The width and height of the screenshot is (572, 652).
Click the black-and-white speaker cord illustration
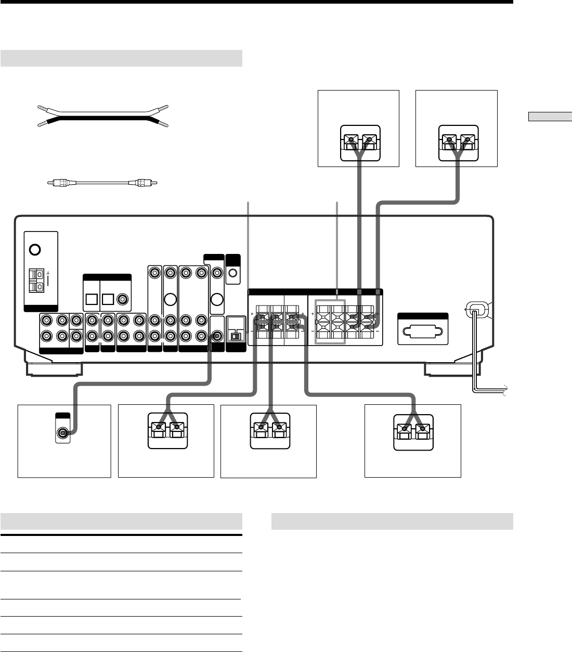(x=103, y=117)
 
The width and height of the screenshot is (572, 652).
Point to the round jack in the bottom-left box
(x=63, y=432)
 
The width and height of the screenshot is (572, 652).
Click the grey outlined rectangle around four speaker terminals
(x=330, y=322)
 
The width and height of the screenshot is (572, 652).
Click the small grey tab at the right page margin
(x=549, y=117)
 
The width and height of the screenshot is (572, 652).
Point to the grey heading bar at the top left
(x=121, y=58)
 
